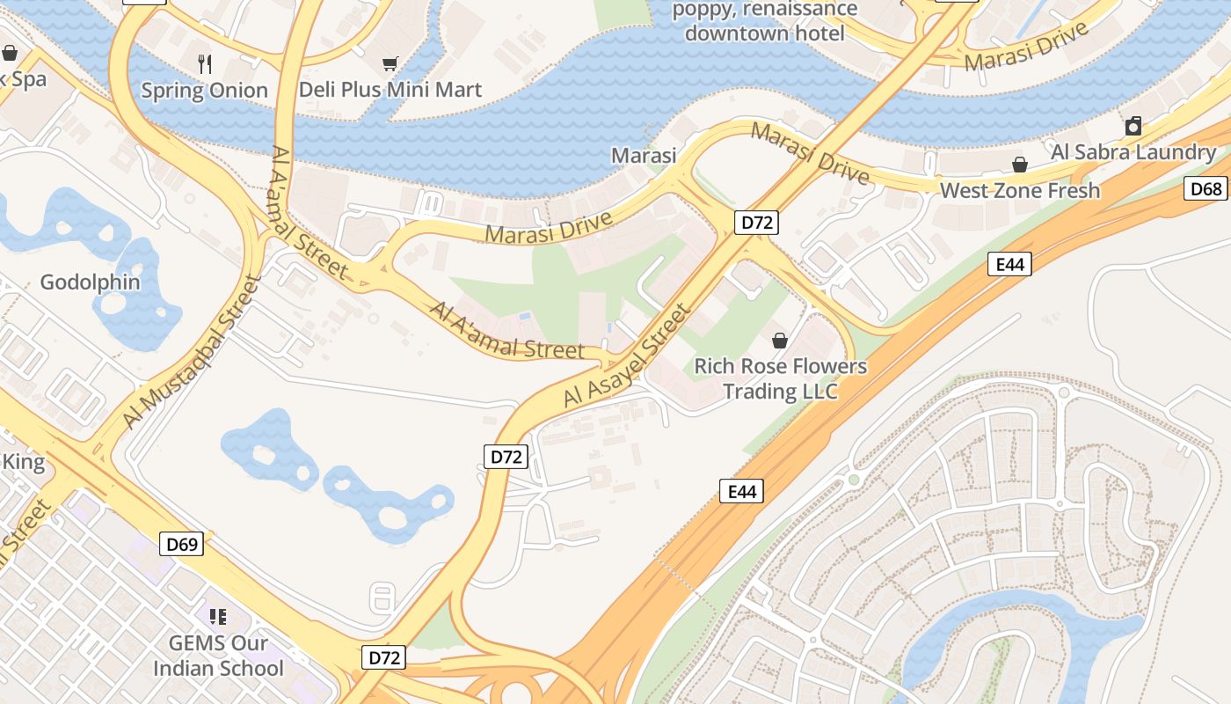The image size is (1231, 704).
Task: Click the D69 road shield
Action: (x=183, y=544)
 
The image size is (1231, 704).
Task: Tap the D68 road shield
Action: (x=1206, y=188)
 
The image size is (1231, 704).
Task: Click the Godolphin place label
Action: (x=90, y=282)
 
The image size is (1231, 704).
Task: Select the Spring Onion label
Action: (x=204, y=90)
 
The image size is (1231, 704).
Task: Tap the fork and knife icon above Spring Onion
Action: (x=205, y=63)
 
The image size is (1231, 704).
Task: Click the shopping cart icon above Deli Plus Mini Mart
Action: (x=390, y=63)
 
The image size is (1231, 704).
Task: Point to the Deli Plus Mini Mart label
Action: (x=390, y=90)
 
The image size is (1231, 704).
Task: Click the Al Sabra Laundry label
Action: (x=1133, y=152)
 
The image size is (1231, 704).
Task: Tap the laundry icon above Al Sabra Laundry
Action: (x=1133, y=126)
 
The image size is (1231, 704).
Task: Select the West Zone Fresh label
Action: (x=1019, y=190)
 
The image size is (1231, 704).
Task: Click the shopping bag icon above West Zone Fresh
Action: (x=1020, y=165)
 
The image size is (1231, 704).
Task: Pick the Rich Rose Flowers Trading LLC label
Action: (x=781, y=378)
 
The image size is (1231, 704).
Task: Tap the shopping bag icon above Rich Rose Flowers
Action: (x=780, y=340)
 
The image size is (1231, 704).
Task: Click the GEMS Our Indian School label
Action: (x=218, y=656)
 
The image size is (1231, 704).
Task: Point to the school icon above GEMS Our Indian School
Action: (x=218, y=617)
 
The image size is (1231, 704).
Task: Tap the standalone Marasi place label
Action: (x=644, y=156)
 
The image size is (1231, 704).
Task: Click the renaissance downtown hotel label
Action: (x=764, y=22)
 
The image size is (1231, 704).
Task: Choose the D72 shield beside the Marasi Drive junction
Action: (x=756, y=223)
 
